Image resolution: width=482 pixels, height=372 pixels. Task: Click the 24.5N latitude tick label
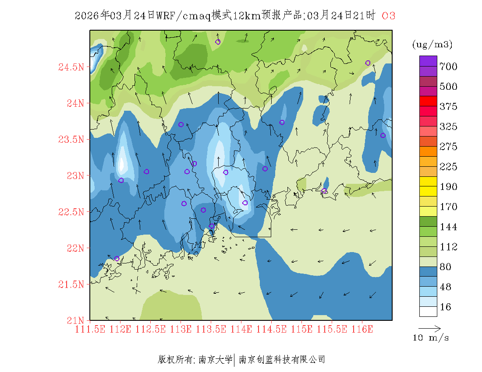click(71, 67)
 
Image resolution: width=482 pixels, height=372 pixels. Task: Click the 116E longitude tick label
click(362, 329)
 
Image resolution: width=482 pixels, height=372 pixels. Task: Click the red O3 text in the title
click(389, 16)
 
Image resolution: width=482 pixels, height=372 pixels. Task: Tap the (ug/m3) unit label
click(432, 45)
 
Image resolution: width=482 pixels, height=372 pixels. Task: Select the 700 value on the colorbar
click(448, 67)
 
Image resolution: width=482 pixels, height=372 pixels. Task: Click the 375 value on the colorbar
click(448, 107)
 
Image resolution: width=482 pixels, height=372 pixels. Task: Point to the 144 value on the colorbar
click(448, 227)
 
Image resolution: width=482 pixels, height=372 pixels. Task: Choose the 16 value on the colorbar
click(445, 307)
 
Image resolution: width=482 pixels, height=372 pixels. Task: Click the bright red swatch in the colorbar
click(428, 101)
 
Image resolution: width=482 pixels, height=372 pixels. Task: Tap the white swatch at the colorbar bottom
click(428, 311)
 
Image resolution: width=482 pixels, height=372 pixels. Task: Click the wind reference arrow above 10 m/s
click(429, 327)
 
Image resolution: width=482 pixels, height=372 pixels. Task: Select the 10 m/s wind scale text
click(431, 338)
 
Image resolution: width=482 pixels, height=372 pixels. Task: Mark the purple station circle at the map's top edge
click(218, 42)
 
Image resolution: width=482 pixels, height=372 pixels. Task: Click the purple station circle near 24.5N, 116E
click(368, 63)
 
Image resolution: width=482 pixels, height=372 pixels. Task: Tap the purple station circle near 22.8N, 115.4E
click(324, 191)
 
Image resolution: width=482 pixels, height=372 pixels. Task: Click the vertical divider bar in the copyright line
click(235, 360)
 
